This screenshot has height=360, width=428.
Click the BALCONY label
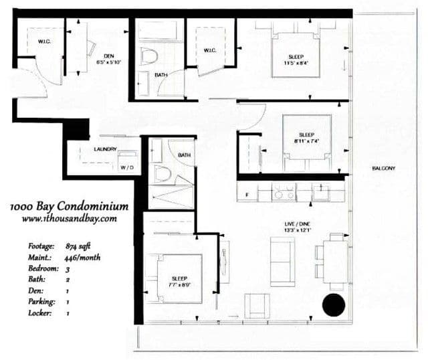(384, 168)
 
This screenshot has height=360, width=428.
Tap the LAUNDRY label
(106, 149)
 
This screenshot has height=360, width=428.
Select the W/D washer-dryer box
(127, 167)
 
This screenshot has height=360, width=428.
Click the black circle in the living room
(333, 305)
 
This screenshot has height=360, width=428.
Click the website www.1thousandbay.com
(69, 218)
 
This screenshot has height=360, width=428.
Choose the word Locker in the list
(33, 312)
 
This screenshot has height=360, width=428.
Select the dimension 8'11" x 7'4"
(306, 141)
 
